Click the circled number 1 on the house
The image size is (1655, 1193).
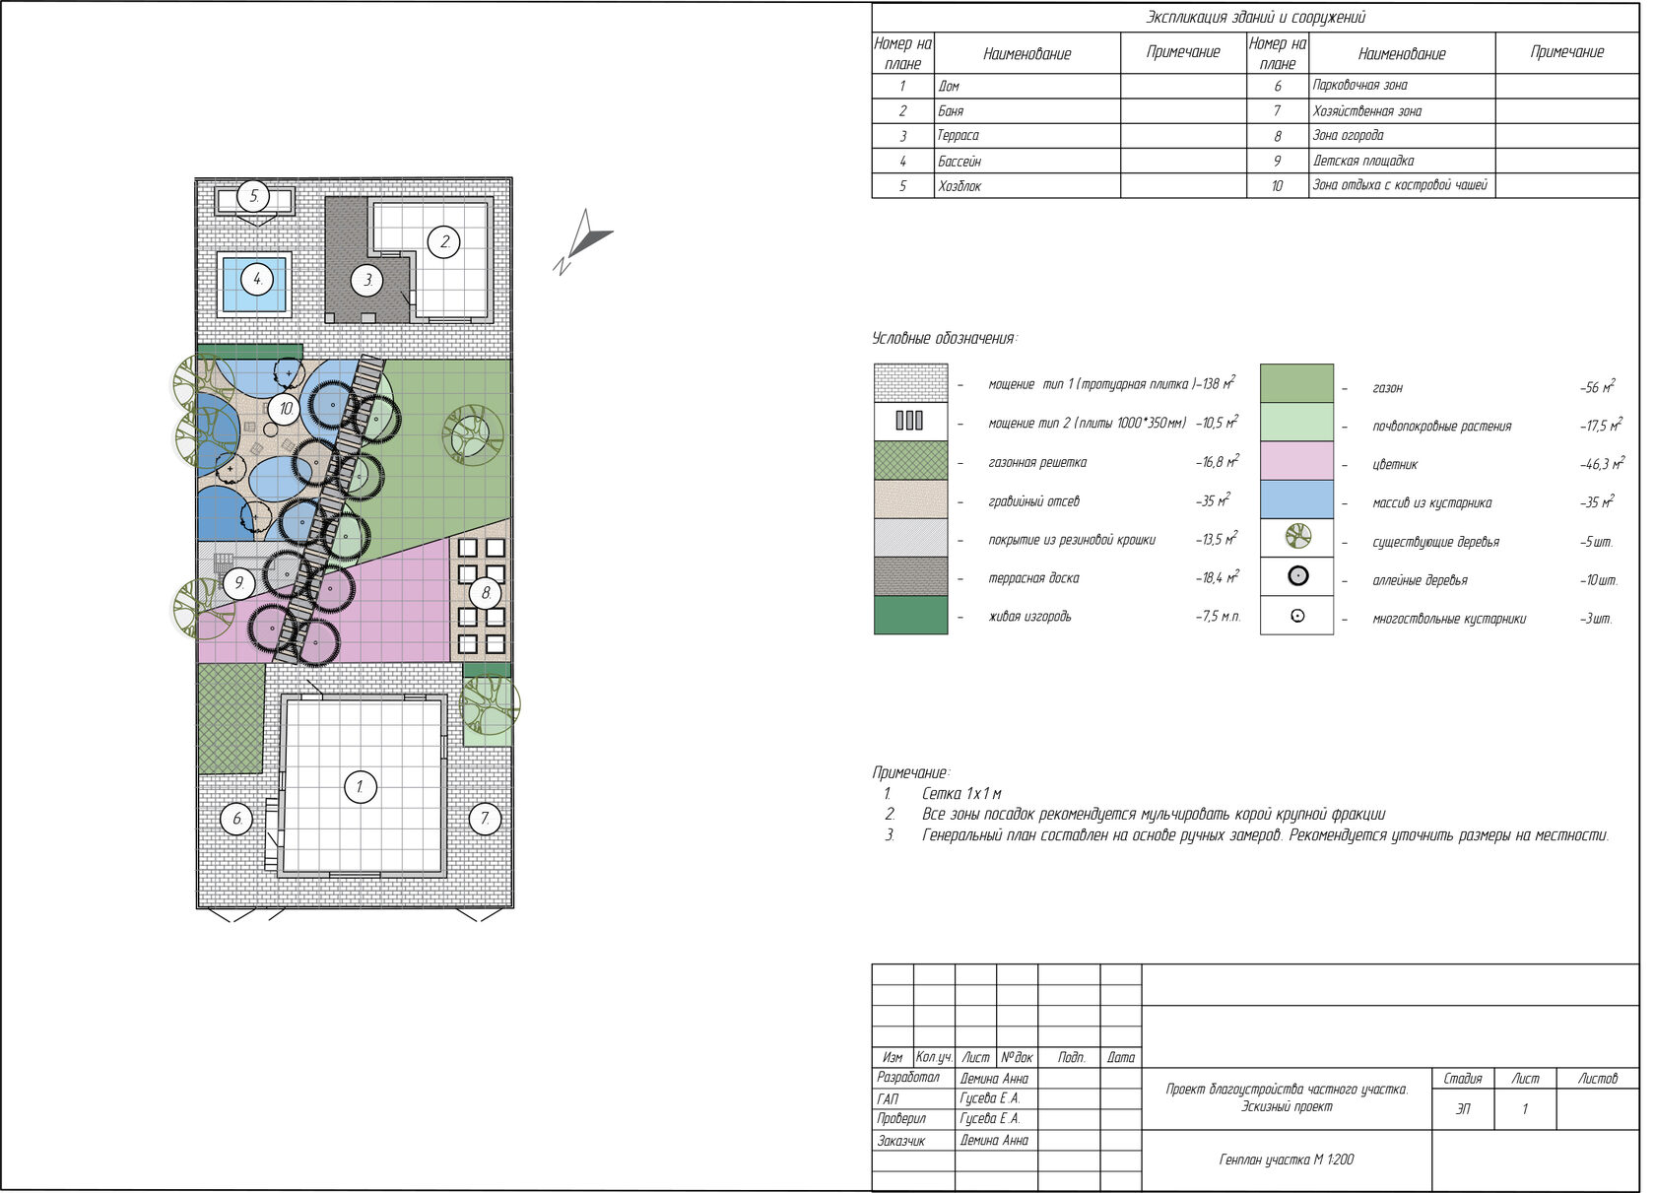click(361, 787)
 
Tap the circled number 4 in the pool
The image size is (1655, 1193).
click(256, 279)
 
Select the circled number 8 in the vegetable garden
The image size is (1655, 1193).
click(486, 592)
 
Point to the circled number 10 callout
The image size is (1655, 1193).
click(286, 409)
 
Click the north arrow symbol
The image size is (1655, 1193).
click(582, 241)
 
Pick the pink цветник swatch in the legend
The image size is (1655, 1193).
click(1296, 461)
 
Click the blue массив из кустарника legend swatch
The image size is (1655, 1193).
click(1296, 499)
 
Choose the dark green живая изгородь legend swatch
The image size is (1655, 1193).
click(910, 615)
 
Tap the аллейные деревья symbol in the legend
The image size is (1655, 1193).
click(1297, 576)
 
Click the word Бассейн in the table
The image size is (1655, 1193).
click(960, 161)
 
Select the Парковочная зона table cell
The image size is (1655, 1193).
click(1359, 85)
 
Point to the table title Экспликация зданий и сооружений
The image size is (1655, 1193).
click(1255, 17)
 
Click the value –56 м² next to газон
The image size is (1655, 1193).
click(1597, 386)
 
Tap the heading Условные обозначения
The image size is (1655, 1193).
click(944, 338)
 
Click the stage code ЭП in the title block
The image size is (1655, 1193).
click(1462, 1109)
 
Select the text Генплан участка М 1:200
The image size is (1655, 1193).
click(1287, 1160)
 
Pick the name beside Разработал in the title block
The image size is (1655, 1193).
click(994, 1079)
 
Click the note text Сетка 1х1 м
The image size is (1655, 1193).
click(961, 793)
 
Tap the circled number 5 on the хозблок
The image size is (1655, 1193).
click(253, 196)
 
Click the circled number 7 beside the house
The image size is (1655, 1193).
click(485, 819)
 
